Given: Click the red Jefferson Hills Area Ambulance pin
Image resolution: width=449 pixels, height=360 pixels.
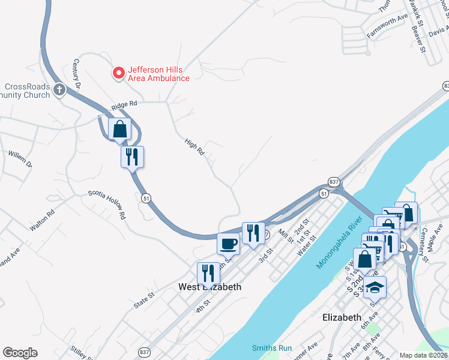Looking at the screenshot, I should (118, 73).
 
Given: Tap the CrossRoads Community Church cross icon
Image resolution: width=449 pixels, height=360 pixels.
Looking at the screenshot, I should (59, 90).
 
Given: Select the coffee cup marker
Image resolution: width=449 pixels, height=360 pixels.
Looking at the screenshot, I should (228, 244).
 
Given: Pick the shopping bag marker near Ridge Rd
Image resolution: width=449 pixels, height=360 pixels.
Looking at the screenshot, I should (120, 128).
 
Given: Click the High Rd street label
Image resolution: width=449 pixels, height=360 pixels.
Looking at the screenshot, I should (195, 147).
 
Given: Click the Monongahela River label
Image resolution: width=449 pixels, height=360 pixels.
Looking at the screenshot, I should (339, 243).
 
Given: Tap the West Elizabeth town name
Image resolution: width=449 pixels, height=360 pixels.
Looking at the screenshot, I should (210, 287).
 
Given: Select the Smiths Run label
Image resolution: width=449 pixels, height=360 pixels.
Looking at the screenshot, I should (271, 348).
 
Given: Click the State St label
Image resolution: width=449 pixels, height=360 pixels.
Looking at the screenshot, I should (144, 300).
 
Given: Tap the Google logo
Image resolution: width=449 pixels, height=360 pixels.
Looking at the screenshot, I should (20, 353).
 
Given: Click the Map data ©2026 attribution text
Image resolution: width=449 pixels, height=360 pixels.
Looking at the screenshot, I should (424, 355).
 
